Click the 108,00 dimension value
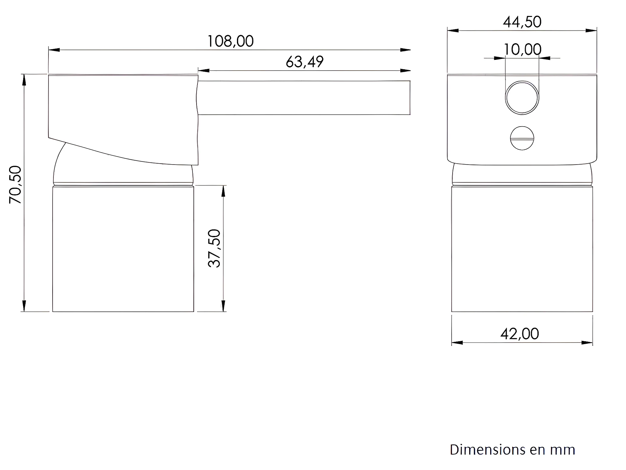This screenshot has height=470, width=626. pyautogui.click(x=230, y=41)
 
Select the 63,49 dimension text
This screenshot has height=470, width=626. pyautogui.click(x=305, y=62)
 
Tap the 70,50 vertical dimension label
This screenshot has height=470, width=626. pyautogui.click(x=15, y=185)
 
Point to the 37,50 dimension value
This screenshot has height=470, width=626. pyautogui.click(x=214, y=248)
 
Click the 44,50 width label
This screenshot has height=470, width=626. pyautogui.click(x=522, y=22)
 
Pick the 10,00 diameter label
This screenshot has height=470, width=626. pyautogui.click(x=522, y=49)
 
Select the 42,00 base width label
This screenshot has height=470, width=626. pyautogui.click(x=520, y=334)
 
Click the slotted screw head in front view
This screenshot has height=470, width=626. pyautogui.click(x=522, y=138)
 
